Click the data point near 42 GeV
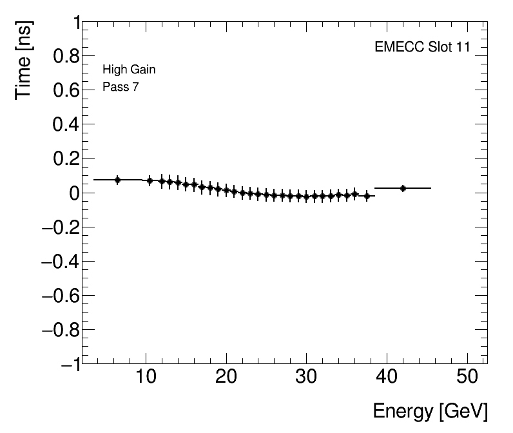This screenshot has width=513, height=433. tap(403, 188)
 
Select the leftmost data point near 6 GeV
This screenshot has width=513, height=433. tap(117, 180)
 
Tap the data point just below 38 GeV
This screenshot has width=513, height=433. tap(367, 196)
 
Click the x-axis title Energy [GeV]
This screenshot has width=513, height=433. tap(430, 411)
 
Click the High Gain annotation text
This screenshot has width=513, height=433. tap(129, 70)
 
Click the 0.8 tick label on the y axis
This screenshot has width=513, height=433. tap(64, 57)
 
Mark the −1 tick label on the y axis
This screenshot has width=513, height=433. tap(69, 363)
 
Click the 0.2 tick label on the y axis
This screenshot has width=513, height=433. tap(64, 159)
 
